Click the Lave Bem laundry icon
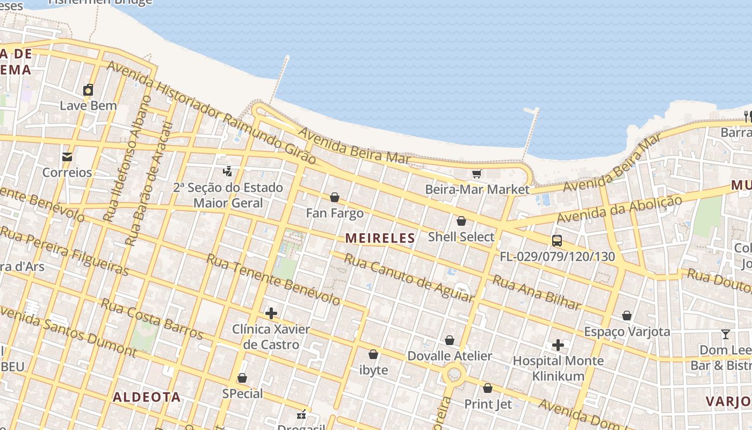(88, 90)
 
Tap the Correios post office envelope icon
(67, 157)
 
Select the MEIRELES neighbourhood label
(380, 238)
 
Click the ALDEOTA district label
(147, 397)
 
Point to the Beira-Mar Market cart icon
(476, 174)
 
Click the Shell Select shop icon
(461, 221)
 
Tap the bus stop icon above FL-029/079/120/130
(557, 240)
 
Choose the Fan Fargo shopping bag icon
(335, 197)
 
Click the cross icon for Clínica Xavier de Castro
(271, 313)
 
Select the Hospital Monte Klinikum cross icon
(558, 345)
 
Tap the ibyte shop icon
(373, 354)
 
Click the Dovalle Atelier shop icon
(450, 340)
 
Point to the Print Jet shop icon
(488, 388)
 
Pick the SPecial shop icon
(242, 378)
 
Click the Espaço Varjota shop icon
(627, 316)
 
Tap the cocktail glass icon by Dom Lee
(726, 334)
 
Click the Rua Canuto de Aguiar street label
(408, 278)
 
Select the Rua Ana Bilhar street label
(537, 293)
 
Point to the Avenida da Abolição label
(619, 209)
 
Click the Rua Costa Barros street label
(152, 320)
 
